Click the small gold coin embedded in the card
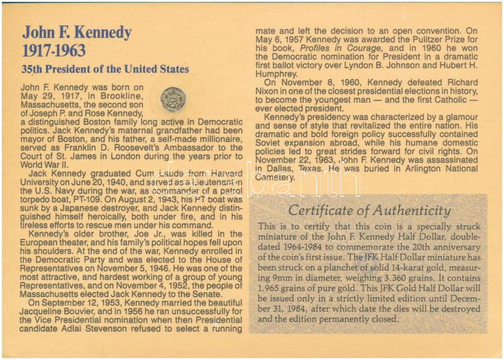pos(170,98)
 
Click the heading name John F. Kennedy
pos(77,32)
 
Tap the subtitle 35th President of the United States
pos(105,69)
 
